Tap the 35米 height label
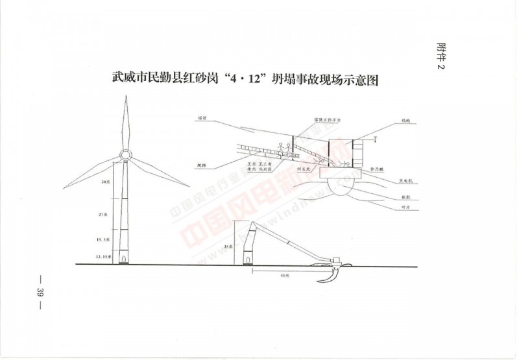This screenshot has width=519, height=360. point(226,247)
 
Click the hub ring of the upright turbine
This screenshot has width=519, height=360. point(125,156)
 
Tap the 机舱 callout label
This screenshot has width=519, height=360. point(406,121)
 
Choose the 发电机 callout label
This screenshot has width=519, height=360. point(407,184)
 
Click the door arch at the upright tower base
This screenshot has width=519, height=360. point(124,259)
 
